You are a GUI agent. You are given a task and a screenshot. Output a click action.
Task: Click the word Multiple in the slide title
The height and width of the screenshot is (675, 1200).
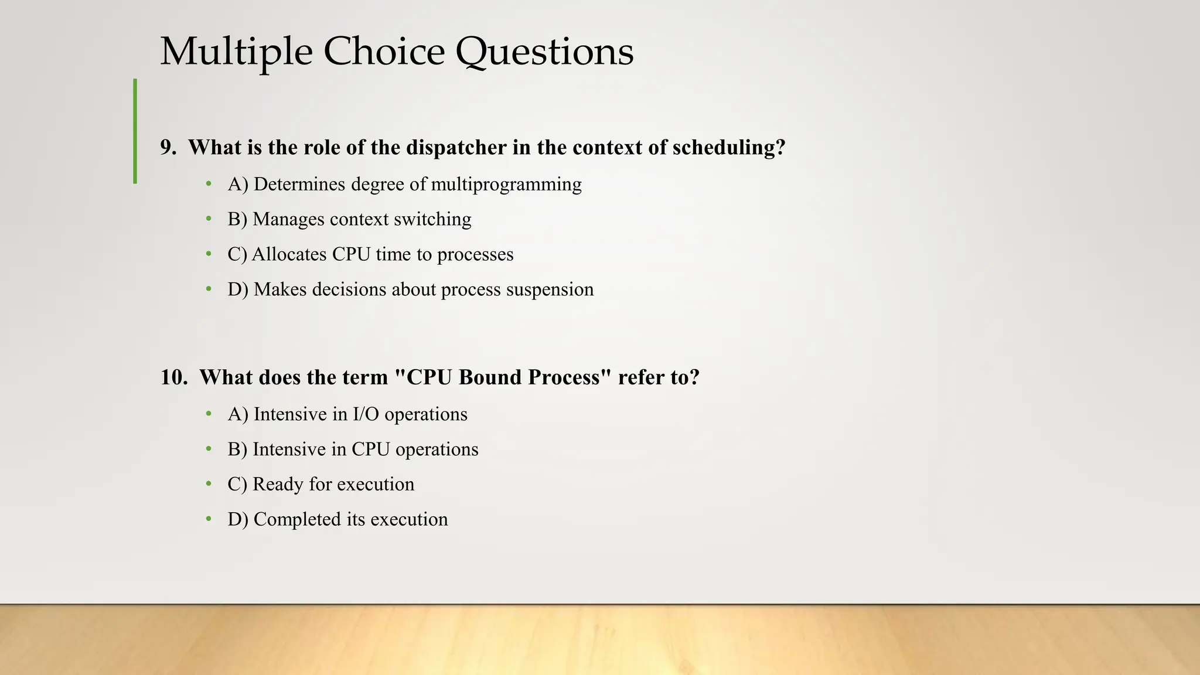click(236, 52)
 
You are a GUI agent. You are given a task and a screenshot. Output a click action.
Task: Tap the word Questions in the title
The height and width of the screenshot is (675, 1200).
click(544, 52)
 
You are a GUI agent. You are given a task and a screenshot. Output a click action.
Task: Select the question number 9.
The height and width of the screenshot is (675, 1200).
click(168, 148)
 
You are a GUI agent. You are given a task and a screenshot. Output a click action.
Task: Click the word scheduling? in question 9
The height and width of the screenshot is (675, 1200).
click(729, 148)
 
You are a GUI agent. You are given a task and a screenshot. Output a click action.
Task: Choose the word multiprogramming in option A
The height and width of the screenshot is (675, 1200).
click(506, 185)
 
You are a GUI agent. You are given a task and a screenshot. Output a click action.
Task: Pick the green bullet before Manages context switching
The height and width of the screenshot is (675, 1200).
click(209, 219)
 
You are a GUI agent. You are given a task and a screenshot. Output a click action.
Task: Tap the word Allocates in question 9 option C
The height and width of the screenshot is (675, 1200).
click(289, 254)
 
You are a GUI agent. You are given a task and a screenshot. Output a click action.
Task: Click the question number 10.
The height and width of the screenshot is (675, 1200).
click(173, 377)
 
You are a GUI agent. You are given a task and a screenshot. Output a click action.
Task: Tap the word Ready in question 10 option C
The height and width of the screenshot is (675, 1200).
click(278, 485)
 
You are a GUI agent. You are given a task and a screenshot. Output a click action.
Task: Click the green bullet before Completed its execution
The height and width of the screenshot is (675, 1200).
click(209, 519)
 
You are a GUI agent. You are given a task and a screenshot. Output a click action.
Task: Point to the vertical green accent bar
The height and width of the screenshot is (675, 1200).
click(135, 131)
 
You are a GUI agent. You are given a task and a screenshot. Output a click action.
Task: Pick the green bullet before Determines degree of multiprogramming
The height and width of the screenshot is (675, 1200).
click(209, 184)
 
